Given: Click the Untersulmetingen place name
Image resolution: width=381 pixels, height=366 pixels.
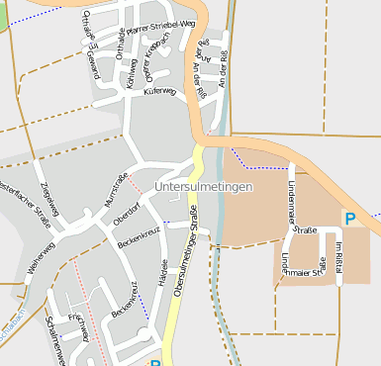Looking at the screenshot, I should tap(204, 186).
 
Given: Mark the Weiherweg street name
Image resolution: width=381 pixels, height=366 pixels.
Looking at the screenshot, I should tap(42, 260).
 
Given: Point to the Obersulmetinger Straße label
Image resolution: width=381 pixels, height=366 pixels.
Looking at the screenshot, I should tap(182, 261).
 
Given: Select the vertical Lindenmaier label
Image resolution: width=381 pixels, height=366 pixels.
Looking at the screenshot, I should tap(292, 196).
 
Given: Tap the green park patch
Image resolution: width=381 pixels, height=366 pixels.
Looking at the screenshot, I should tap(3, 14).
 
